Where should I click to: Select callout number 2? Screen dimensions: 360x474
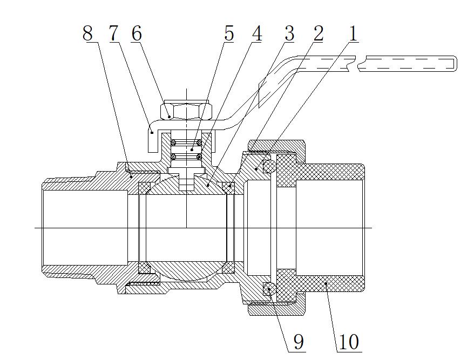pos(318,33)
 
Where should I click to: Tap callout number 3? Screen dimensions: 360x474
pos(289,33)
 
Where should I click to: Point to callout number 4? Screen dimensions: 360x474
pos(257,33)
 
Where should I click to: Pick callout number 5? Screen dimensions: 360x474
pos(229,33)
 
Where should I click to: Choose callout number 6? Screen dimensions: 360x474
pos(137,33)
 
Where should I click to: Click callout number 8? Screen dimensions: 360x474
pos(87,33)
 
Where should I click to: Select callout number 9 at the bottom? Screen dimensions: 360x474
pos(297,341)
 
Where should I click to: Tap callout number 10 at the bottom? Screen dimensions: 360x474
pos(348,341)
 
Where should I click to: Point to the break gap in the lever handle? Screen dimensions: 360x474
pos(361,63)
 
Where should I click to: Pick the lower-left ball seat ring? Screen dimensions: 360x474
pos(144,268)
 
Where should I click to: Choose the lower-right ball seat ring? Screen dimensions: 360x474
pos(229,267)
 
